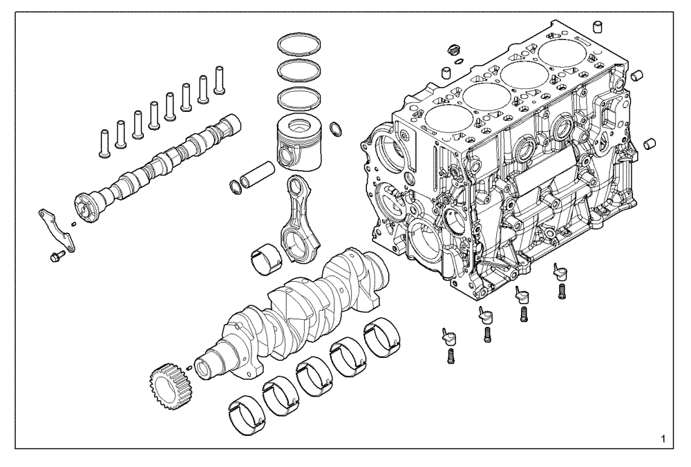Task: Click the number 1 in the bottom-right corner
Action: pos(663,439)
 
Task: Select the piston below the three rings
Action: pos(299,142)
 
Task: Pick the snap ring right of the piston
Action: pos(336,128)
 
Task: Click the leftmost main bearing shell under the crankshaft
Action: pos(245,413)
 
